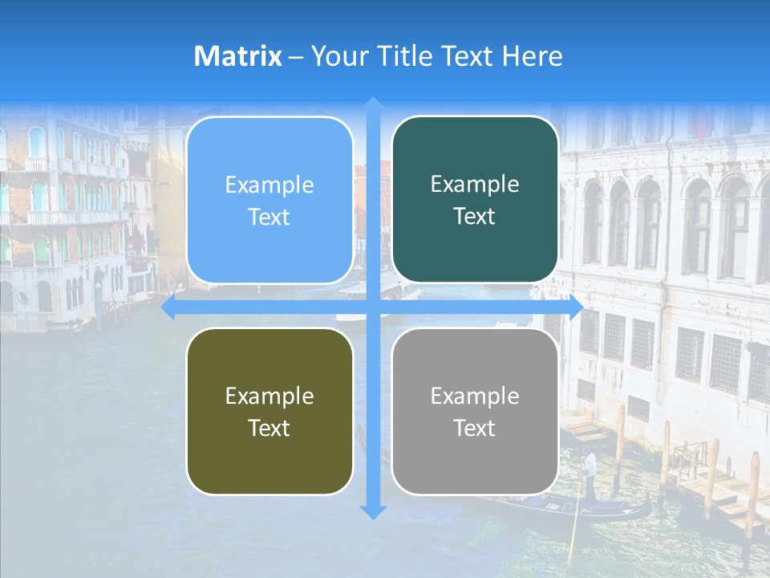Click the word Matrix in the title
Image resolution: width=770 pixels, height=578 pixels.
pyautogui.click(x=238, y=56)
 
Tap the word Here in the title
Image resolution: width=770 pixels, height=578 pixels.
pyautogui.click(x=532, y=56)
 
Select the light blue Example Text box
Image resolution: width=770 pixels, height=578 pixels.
pyautogui.click(x=269, y=200)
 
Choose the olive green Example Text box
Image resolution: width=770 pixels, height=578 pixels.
pyautogui.click(x=269, y=411)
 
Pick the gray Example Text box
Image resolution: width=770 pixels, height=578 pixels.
pyautogui.click(x=475, y=411)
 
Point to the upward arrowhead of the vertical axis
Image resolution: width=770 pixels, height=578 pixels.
pyautogui.click(x=373, y=104)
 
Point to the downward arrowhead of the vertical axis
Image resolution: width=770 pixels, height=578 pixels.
pyautogui.click(x=373, y=511)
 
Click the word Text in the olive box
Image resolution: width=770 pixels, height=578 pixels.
pyautogui.click(x=269, y=428)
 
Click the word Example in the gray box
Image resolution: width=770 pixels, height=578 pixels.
pyautogui.click(x=475, y=396)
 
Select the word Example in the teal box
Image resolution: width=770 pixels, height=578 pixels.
pyautogui.click(x=475, y=184)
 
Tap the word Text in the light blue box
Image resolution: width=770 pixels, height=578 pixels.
pyautogui.click(x=269, y=217)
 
